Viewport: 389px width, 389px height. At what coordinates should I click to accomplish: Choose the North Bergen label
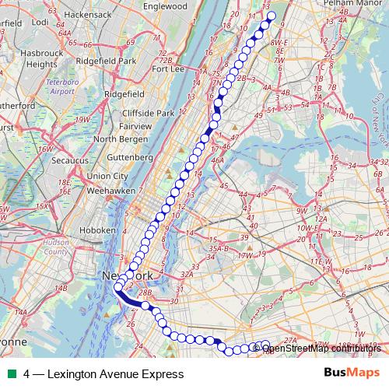120,139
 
